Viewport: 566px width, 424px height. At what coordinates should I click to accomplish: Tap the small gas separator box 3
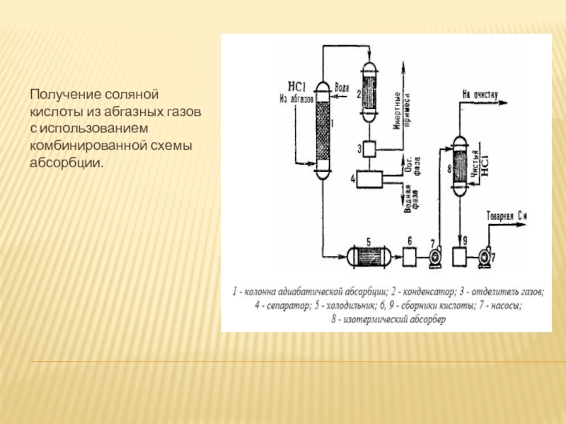click(x=369, y=148)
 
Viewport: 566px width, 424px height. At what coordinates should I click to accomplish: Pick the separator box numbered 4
click(x=369, y=179)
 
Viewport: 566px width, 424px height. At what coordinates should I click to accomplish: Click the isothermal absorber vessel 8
click(x=460, y=164)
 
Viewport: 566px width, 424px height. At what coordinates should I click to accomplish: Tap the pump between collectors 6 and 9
click(x=434, y=256)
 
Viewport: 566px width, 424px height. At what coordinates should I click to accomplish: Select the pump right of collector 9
click(x=486, y=256)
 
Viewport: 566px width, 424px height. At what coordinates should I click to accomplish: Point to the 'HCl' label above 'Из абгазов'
click(x=299, y=88)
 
